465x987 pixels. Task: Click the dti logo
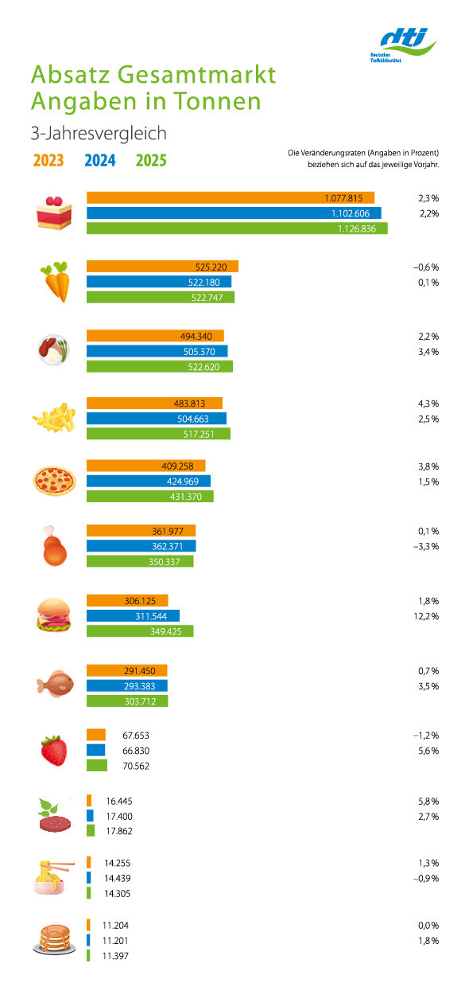pyautogui.click(x=403, y=45)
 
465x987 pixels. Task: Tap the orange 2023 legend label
pyautogui.click(x=48, y=161)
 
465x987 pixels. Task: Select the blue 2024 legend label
pyautogui.click(x=100, y=161)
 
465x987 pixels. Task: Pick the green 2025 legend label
pyautogui.click(x=151, y=161)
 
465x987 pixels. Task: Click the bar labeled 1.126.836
pyautogui.click(x=237, y=228)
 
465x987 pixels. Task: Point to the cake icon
pyautogui.click(x=54, y=213)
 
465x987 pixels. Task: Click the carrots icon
pyautogui.click(x=56, y=282)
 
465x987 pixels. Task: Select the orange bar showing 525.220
pyautogui.click(x=162, y=267)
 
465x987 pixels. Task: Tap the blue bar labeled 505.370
pyautogui.click(x=157, y=351)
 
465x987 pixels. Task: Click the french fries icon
pyautogui.click(x=54, y=417)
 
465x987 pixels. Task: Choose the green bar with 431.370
pyautogui.click(x=150, y=497)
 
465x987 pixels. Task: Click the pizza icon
pyautogui.click(x=55, y=481)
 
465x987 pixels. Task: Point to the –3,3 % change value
pyautogui.click(x=426, y=546)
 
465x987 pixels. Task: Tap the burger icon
pyautogui.click(x=54, y=615)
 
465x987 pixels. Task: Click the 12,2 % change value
pyautogui.click(x=426, y=616)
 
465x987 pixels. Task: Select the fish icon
pyautogui.click(x=55, y=684)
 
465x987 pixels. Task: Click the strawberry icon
pyautogui.click(x=54, y=751)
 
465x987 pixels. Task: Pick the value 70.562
pyautogui.click(x=136, y=766)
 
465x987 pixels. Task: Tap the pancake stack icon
pyautogui.click(x=52, y=940)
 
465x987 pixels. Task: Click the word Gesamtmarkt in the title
pyautogui.click(x=196, y=75)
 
